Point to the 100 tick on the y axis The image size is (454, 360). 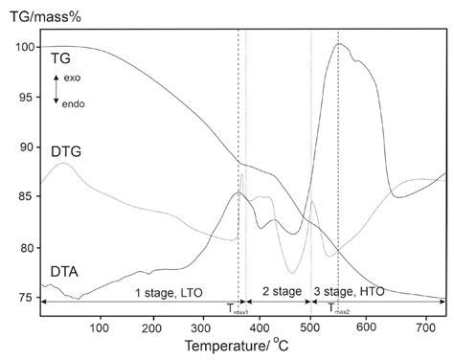[21, 47]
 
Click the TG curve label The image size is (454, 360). [60, 59]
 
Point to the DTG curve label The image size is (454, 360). [64, 150]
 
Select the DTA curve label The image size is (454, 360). [64, 272]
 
